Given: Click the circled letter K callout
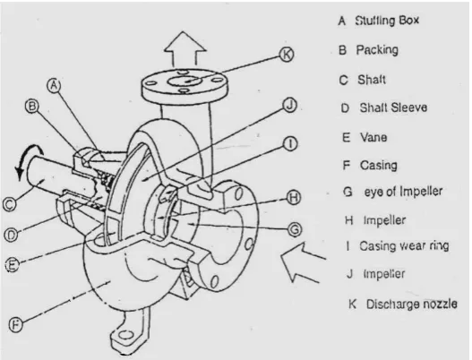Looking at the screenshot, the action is tap(287, 55).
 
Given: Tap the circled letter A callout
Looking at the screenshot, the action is tap(54, 85).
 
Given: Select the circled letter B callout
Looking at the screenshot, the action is tap(32, 107).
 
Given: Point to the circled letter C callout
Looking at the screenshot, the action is tap(10, 204).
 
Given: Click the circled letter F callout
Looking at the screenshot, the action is tap(15, 324).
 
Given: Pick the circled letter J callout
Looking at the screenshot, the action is tap(289, 106).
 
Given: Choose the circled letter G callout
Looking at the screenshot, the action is tap(294, 229).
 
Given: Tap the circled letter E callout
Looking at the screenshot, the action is tap(13, 265).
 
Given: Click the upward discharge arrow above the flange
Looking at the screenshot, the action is tap(185, 48).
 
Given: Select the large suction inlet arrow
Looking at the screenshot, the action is tap(303, 261).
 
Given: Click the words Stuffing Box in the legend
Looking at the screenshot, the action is tap(387, 21).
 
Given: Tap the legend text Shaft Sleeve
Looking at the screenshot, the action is tap(393, 107).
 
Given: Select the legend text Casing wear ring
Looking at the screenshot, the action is tap(404, 246).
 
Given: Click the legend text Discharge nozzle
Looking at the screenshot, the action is tap(411, 304).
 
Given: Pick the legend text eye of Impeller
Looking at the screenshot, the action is tap(403, 191).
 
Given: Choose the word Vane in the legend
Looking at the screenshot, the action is tap(373, 138).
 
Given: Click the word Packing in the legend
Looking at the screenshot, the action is tap(377, 50).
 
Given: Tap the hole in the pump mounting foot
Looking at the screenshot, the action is tap(127, 335).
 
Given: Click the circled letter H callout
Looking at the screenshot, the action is tap(293, 198).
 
